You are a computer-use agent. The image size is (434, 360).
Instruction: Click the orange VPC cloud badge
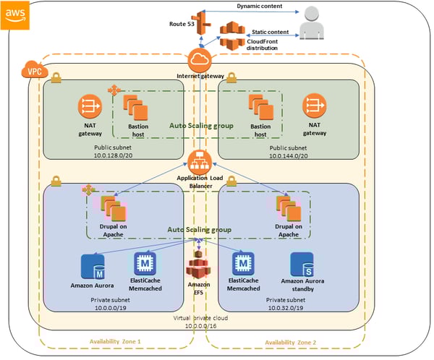(x=28, y=72)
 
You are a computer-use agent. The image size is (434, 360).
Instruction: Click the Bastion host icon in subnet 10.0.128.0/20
(x=135, y=108)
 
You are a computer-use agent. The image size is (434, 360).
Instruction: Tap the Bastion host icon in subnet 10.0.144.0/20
(x=260, y=108)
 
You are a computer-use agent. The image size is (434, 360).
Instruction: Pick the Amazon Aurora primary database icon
(x=93, y=266)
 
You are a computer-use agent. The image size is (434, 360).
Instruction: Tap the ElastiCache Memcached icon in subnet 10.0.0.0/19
(x=143, y=264)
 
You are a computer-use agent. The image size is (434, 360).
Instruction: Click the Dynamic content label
(x=261, y=7)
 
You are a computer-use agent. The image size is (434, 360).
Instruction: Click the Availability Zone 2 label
(x=289, y=341)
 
